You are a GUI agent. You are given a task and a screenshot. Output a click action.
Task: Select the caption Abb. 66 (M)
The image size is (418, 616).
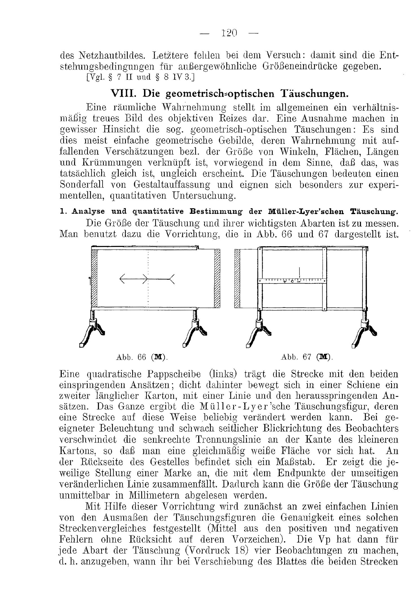tap(142, 357)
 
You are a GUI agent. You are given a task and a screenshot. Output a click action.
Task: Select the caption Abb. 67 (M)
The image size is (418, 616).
tap(307, 357)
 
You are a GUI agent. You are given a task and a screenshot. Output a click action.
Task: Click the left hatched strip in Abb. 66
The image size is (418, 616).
tap(94, 279)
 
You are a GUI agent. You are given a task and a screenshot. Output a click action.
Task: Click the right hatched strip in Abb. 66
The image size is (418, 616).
tap(217, 279)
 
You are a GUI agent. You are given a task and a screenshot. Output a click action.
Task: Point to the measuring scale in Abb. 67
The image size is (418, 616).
tap(291, 281)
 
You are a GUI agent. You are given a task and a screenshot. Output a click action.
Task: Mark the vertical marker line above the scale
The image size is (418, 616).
tap(299, 272)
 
